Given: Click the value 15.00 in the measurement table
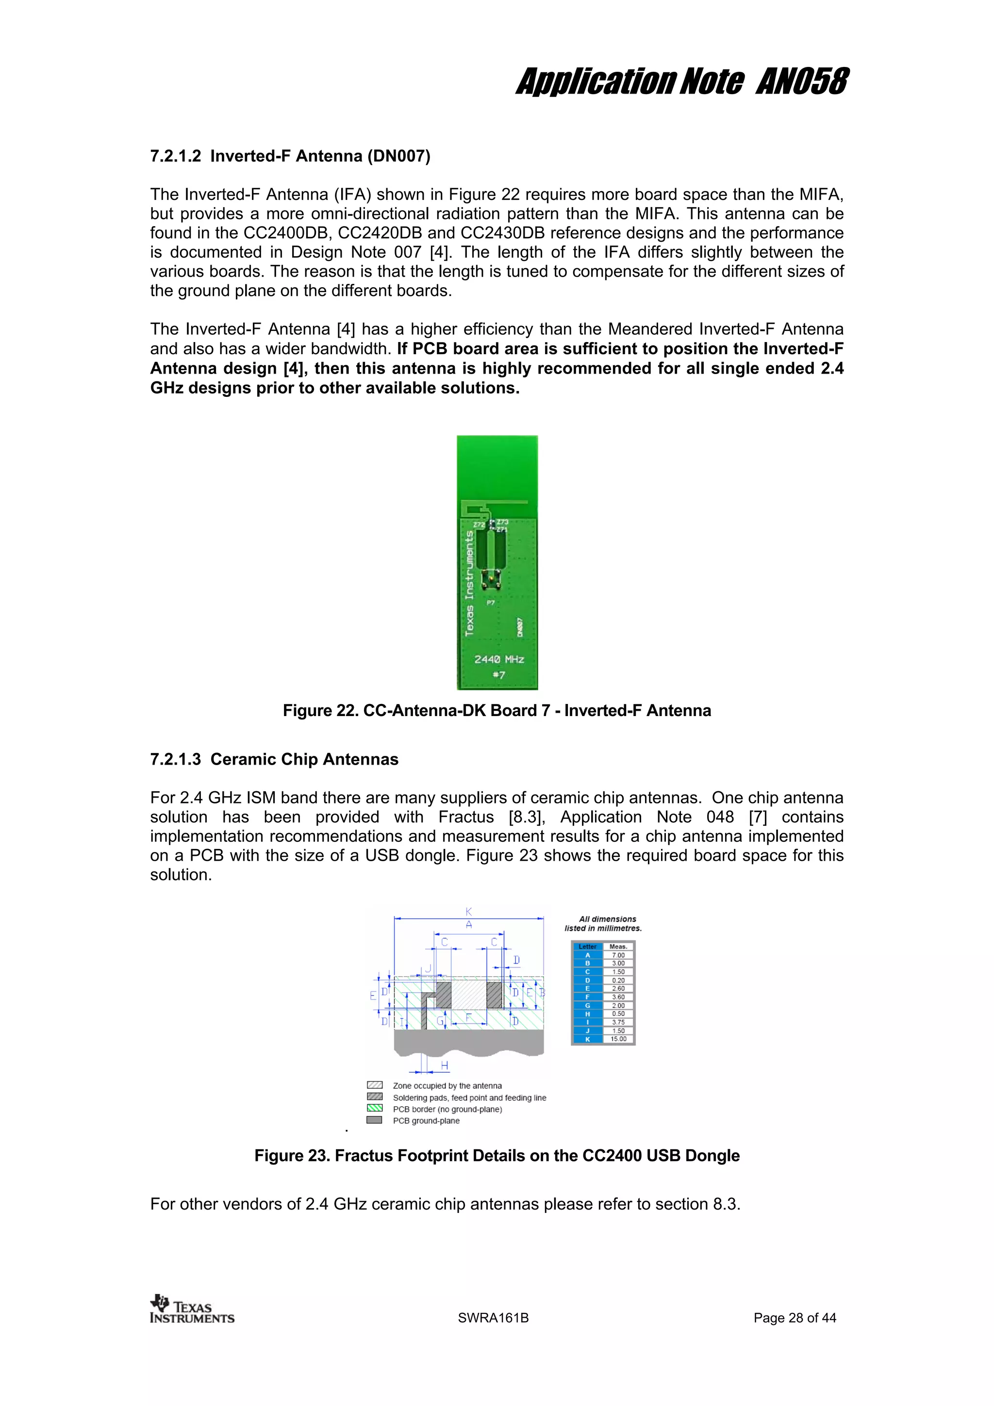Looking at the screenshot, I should click(x=618, y=1039).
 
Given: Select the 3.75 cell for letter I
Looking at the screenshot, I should click(x=618, y=1022).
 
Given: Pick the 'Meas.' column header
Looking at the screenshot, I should click(x=618, y=946).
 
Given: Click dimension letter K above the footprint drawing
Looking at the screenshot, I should click(x=468, y=912).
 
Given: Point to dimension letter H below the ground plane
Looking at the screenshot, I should click(x=445, y=1065).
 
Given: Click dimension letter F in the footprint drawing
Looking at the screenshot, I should click(x=468, y=1018).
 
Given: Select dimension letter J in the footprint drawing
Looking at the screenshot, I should click(x=428, y=968).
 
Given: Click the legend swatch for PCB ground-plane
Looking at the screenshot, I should click(x=374, y=1120).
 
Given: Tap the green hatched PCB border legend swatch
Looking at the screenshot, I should click(x=374, y=1109).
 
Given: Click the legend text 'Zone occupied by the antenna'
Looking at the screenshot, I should click(x=447, y=1086).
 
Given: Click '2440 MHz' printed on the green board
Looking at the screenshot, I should click(x=499, y=659).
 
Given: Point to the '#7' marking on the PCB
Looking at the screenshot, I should click(x=499, y=675).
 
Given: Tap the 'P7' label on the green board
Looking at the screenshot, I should click(x=491, y=603).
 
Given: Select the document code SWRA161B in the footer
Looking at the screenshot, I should click(x=493, y=1318).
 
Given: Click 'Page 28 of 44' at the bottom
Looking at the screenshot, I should click(x=795, y=1318).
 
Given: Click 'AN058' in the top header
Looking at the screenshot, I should click(x=802, y=82).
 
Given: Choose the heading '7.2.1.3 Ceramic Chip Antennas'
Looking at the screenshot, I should click(x=274, y=759).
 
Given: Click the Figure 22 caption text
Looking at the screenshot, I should click(x=497, y=710).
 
